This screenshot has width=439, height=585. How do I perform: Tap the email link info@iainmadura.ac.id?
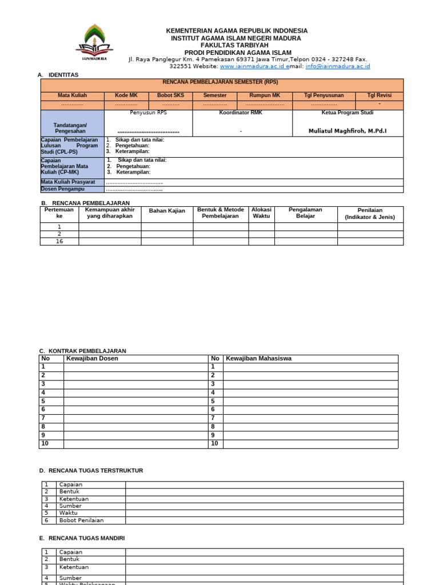(x=338, y=66)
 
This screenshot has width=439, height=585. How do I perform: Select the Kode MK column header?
(x=126, y=95)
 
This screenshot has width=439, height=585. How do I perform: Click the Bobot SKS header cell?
(x=170, y=95)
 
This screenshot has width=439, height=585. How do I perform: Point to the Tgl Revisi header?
(x=379, y=95)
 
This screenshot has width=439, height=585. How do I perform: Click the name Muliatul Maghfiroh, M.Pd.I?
(x=348, y=131)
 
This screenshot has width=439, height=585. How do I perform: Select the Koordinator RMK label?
(x=242, y=113)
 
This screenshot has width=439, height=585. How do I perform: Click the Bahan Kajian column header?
(x=167, y=211)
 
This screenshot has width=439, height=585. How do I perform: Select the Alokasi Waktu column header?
(x=261, y=213)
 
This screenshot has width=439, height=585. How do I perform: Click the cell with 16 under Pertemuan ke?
(x=59, y=241)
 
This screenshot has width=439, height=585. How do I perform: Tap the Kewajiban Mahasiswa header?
(x=258, y=358)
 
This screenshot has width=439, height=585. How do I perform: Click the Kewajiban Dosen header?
(x=93, y=358)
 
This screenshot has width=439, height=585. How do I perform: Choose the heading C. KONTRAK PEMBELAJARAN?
(x=82, y=351)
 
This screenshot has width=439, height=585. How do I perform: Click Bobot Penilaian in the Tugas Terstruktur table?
(x=81, y=520)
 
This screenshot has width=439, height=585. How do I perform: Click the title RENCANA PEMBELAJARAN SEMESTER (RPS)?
(x=220, y=82)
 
